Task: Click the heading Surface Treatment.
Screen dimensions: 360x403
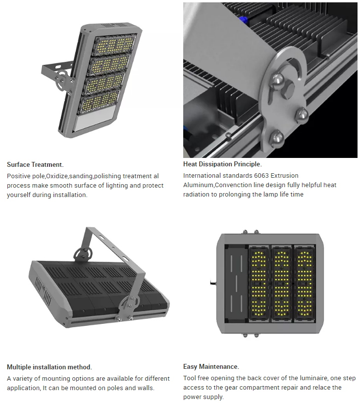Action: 35,164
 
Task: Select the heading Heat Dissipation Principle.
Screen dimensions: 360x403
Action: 222,164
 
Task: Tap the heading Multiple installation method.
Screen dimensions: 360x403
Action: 50,367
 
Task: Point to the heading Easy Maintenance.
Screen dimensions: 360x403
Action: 211,366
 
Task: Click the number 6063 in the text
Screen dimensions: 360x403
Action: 261,176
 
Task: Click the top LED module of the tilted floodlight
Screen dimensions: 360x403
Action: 114,45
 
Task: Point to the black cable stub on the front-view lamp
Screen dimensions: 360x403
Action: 213,283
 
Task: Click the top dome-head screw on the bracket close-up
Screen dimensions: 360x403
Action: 277,80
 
